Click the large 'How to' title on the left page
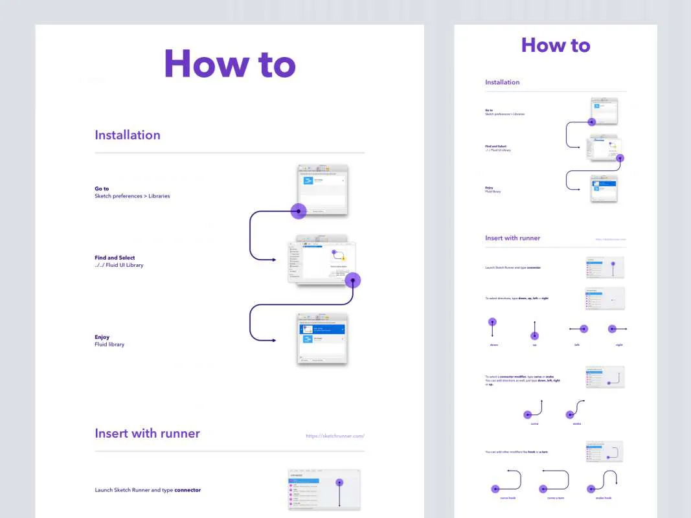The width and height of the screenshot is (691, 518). [230, 64]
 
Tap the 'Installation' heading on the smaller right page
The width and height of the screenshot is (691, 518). [503, 82]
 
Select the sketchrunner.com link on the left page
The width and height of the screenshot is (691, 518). [335, 436]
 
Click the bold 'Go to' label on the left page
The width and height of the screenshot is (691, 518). [102, 189]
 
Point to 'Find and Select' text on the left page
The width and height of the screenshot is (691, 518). [115, 258]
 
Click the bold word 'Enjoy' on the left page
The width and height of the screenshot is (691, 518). [102, 337]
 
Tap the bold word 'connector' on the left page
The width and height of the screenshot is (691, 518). [187, 490]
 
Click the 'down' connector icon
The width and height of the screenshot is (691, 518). [492, 328]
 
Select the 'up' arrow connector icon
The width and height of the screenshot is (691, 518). [534, 330]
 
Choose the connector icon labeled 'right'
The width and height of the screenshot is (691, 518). [617, 329]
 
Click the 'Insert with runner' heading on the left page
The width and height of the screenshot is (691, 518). [147, 433]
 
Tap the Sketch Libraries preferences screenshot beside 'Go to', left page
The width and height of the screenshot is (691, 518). [322, 190]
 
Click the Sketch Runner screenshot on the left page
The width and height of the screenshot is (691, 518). [324, 490]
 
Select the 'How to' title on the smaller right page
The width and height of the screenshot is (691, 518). [556, 45]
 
